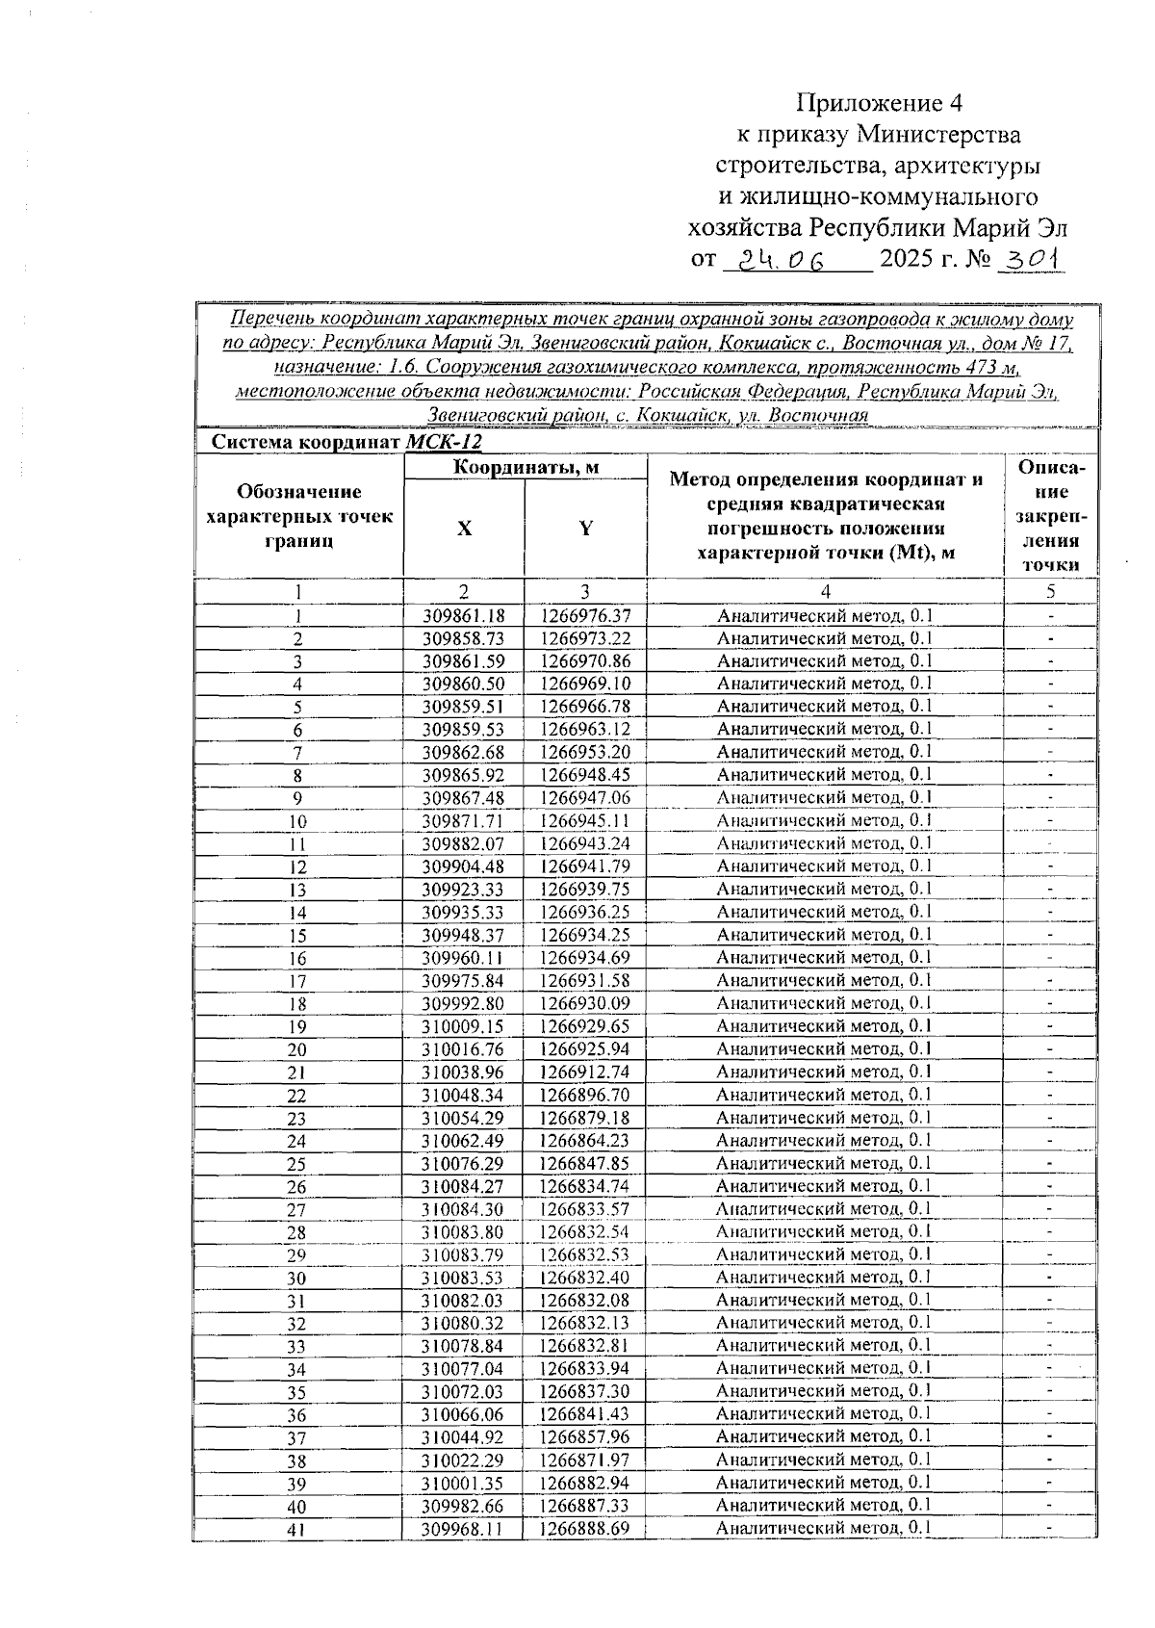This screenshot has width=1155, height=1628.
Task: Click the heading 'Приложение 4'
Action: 878,103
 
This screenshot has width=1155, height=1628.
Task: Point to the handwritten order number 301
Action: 1031,259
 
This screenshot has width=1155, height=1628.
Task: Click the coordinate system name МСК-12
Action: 444,443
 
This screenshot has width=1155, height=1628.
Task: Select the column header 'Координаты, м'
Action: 526,468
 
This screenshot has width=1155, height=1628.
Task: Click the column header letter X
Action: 464,530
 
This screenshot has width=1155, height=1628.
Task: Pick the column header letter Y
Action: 585,530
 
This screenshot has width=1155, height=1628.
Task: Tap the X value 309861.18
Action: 464,616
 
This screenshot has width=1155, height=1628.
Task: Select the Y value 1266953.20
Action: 585,753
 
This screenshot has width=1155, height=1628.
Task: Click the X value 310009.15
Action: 464,1027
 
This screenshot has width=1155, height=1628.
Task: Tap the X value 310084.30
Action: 464,1210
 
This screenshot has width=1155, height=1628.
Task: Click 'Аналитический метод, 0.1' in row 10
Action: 825,821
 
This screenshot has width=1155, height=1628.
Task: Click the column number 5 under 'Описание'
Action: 1051,591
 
